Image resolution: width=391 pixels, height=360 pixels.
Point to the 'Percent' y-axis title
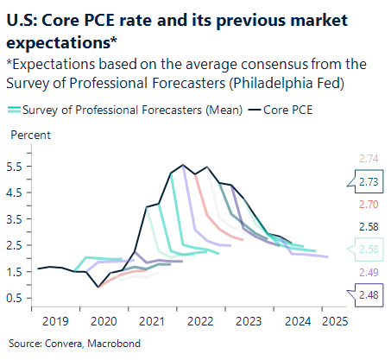point(30,135)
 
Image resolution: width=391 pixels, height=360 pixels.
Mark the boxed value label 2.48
point(368,295)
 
